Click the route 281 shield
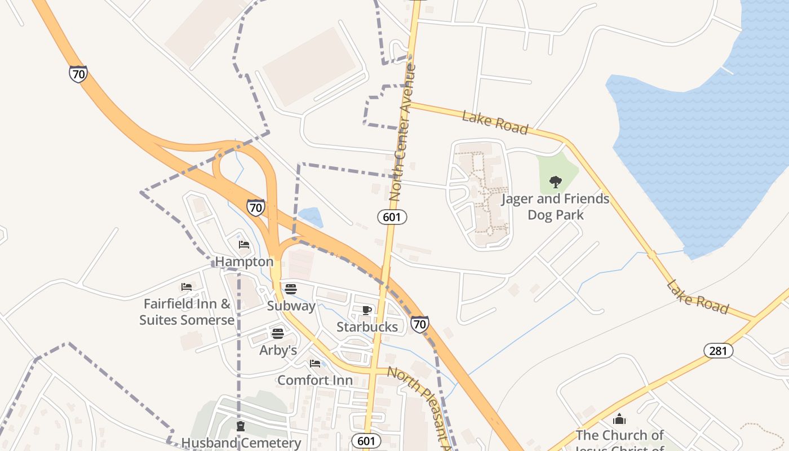[x=718, y=351]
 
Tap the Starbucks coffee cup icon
[x=366, y=310]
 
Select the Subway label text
[x=291, y=306]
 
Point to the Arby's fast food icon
[x=278, y=333]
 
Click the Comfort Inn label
[x=315, y=380]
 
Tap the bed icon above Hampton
[x=244, y=245]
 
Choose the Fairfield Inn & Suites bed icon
[x=187, y=287]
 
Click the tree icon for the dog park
[x=556, y=182]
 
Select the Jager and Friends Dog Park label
[x=555, y=206]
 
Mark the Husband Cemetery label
[x=241, y=443]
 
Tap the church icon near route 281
[x=619, y=419]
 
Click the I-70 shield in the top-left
[x=78, y=74]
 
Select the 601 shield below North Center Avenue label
[x=392, y=216]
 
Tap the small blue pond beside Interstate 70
[x=311, y=217]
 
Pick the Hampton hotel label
[x=244, y=262]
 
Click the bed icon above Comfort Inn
[x=315, y=364]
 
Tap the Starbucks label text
[x=367, y=327]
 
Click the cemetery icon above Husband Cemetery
[x=241, y=426]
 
